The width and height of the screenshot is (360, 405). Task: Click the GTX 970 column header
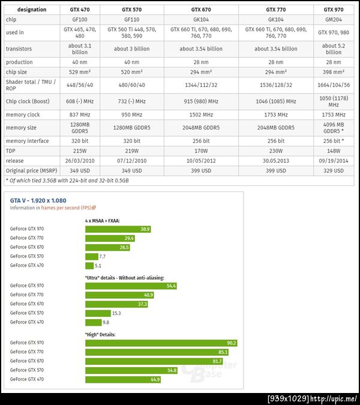coord(334,10)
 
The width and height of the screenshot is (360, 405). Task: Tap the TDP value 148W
coord(334,151)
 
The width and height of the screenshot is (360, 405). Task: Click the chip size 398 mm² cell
coord(334,72)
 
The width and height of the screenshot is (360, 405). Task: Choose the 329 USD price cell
coord(334,171)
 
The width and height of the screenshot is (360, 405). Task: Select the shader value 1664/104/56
coord(334,85)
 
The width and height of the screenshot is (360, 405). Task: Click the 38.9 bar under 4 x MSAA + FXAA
coord(118,229)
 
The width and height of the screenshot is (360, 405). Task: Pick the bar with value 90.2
coord(161,343)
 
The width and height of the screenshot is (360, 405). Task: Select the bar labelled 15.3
coord(98,313)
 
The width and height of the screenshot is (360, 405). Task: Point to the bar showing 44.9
coord(123,379)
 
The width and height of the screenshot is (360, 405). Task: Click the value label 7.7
coord(102,256)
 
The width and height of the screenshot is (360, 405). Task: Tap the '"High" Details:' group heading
coord(100,334)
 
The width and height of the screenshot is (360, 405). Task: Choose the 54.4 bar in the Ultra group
coord(131,286)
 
